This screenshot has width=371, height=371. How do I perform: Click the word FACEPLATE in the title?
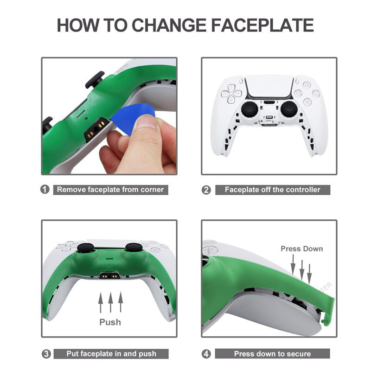(x=262, y=25)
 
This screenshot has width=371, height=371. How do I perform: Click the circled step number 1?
(x=45, y=190)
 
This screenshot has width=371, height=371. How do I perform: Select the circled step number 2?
(x=206, y=190)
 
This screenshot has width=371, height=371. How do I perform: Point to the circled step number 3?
(x=46, y=354)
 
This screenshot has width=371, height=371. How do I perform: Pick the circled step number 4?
(x=206, y=354)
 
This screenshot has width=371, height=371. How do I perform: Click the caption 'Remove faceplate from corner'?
(x=110, y=190)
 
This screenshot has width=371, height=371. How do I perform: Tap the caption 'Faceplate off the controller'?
(x=273, y=190)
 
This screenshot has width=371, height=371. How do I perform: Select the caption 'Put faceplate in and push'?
(x=111, y=354)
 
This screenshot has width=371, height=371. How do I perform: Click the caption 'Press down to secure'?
(x=272, y=354)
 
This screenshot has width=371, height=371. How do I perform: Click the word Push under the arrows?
(x=110, y=322)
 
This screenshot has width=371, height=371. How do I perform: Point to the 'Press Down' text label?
(x=302, y=249)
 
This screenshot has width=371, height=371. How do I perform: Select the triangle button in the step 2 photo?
(x=307, y=85)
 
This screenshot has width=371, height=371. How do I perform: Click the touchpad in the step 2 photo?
(x=269, y=87)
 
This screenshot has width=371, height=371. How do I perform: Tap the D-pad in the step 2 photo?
(x=231, y=94)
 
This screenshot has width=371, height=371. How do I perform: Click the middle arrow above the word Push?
(x=110, y=302)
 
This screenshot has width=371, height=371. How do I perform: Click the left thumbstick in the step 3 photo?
(x=86, y=248)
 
